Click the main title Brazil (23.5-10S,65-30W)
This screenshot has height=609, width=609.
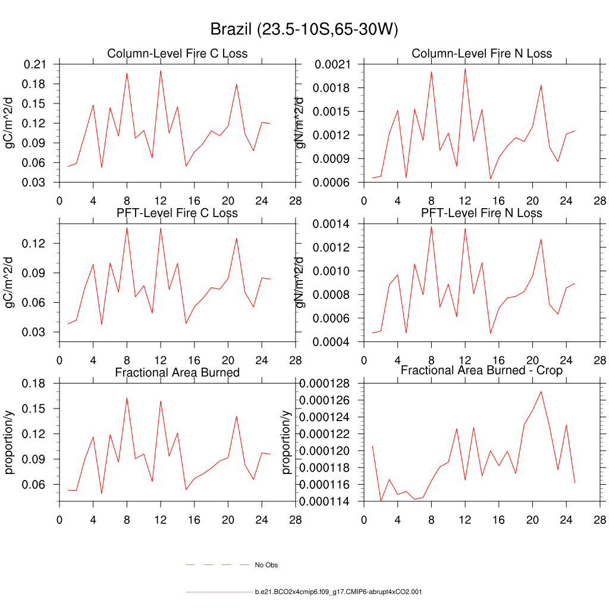pos(304,30)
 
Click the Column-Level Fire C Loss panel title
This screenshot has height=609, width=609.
pos(177,54)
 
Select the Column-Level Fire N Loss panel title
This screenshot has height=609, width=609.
pos(482,54)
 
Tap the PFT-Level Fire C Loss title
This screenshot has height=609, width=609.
pos(177,213)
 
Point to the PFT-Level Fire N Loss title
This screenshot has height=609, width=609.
pos(482,213)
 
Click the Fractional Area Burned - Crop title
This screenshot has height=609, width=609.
pos(482,371)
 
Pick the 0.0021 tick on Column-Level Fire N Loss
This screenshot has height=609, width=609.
pos(335,64)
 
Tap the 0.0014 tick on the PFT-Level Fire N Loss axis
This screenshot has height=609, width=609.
pos(335,224)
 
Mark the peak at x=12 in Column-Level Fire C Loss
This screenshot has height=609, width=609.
pos(161,70)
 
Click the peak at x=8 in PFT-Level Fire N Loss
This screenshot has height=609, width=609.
pos(431,226)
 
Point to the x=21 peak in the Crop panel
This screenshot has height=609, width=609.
pos(541,391)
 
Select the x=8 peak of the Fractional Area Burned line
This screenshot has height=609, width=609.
pos(127,397)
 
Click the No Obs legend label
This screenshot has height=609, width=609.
pos(266,565)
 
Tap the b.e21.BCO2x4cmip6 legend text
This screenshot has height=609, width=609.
pos(338,592)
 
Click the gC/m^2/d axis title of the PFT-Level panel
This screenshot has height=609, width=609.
pos(10,282)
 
